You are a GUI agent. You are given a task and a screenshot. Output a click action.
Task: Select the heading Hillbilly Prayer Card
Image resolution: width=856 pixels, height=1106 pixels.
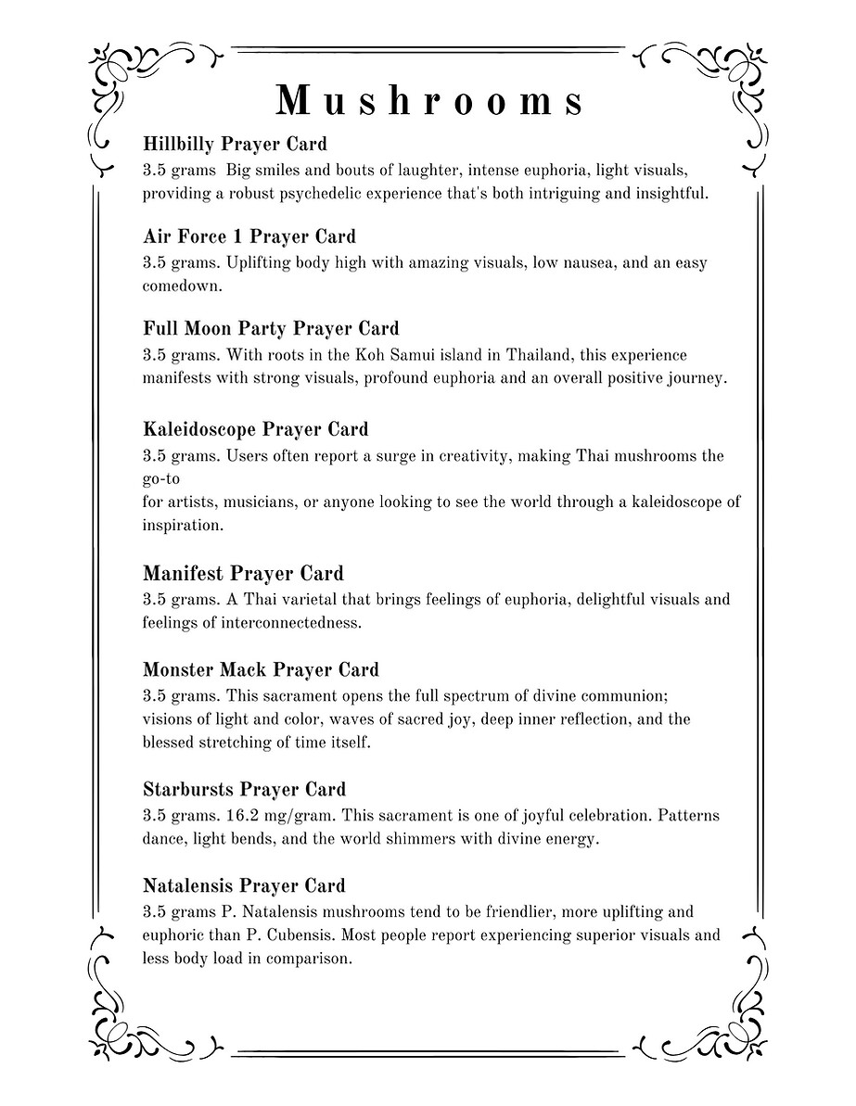coord(235,144)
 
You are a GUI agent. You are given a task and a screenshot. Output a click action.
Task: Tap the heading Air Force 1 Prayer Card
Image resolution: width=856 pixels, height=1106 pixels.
coord(249,235)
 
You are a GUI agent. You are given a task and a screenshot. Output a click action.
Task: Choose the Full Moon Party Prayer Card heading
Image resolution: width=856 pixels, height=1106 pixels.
coord(271,328)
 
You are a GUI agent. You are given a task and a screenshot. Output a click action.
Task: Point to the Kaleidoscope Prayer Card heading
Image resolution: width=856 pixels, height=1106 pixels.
coord(255,429)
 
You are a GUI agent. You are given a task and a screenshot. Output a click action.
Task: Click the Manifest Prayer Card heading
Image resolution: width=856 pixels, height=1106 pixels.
coord(243,573)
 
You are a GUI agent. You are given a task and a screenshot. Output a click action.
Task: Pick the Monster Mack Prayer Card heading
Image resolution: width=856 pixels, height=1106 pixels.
coord(261,669)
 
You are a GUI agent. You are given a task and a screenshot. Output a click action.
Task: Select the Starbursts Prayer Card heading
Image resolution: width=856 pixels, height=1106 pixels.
coord(244,790)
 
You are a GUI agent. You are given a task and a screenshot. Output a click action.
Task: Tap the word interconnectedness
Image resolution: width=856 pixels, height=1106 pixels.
coord(292,623)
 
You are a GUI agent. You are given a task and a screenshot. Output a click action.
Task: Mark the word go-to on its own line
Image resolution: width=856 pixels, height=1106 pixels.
coord(160,479)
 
